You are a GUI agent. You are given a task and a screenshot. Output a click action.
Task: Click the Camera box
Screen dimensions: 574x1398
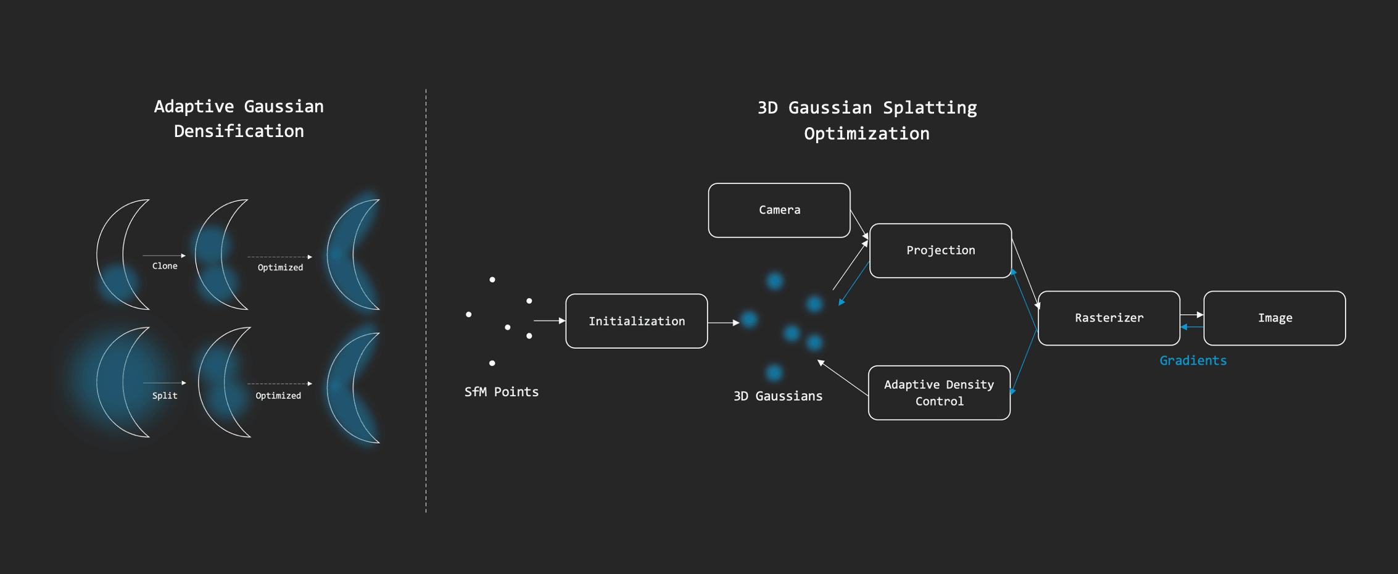point(779,210)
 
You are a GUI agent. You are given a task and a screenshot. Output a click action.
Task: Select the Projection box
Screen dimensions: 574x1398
point(940,251)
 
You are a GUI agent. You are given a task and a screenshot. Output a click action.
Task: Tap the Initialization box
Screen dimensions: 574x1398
point(636,321)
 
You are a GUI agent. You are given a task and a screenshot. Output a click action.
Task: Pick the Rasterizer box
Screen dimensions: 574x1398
point(1109,318)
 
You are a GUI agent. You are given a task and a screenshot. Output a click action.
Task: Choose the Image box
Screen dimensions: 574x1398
point(1275,318)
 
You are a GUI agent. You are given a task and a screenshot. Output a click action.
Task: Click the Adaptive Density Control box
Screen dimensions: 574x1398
point(939,393)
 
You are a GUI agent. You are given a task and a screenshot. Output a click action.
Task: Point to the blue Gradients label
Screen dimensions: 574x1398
point(1193,360)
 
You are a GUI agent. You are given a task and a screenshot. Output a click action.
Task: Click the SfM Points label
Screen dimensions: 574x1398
point(501,392)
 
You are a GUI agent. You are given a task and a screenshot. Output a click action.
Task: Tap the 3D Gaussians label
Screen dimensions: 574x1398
point(777,396)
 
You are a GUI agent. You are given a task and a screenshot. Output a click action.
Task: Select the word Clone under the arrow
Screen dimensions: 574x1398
point(165,266)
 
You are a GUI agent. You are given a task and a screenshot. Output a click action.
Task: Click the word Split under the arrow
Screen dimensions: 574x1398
point(165,396)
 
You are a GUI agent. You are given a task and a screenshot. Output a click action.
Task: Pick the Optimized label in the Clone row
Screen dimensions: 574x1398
point(280,267)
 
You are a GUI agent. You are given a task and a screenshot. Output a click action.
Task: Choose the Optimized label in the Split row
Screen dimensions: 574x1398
point(278,396)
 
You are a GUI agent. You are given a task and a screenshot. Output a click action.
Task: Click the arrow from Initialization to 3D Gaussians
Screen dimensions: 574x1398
point(723,322)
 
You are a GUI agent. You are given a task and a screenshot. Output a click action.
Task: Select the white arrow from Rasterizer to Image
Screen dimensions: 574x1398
point(1191,315)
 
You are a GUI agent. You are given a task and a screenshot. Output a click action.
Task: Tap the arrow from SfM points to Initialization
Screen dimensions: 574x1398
point(549,320)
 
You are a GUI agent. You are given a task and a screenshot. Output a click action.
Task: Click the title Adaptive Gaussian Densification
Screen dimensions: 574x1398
point(239,119)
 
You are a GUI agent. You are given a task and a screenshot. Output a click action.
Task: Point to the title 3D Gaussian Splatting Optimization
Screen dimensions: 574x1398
point(867,120)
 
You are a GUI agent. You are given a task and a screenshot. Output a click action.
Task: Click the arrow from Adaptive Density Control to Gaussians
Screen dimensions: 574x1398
point(843,378)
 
